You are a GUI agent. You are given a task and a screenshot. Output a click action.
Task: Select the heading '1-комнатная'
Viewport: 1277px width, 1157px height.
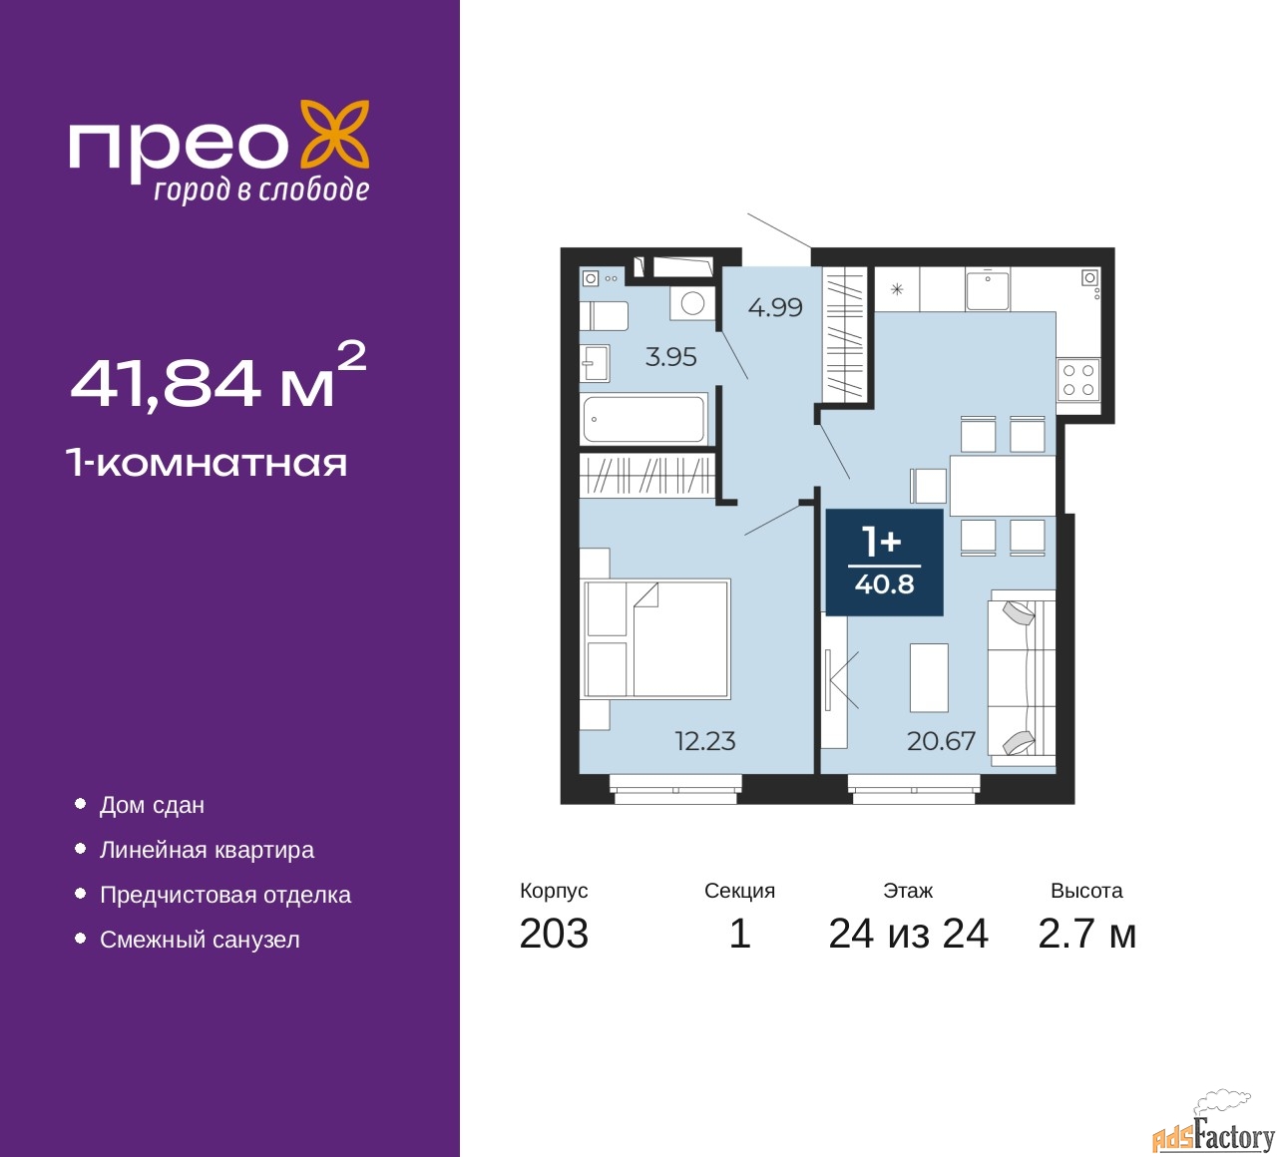click(x=207, y=464)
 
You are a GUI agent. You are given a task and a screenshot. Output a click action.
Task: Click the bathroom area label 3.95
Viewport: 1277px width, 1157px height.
click(x=671, y=357)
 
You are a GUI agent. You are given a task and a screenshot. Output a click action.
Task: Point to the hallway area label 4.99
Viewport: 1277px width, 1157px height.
click(x=775, y=308)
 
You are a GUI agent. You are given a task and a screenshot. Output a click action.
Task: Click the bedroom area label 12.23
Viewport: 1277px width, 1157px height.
click(x=704, y=741)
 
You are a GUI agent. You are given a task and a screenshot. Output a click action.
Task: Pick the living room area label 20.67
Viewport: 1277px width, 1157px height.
click(x=941, y=741)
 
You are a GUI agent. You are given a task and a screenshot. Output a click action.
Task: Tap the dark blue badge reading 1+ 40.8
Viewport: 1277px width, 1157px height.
click(x=884, y=563)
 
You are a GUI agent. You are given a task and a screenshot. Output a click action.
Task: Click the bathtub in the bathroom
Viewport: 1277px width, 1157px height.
click(x=643, y=418)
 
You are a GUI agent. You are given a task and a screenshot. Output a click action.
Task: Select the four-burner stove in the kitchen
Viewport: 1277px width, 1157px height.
click(x=1078, y=380)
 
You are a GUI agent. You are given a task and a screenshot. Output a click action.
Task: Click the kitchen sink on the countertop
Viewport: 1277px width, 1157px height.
click(x=988, y=289)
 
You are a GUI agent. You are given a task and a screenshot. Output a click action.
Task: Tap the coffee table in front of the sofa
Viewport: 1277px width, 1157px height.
click(x=929, y=677)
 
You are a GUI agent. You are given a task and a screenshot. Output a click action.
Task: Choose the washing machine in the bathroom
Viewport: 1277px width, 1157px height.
click(x=692, y=303)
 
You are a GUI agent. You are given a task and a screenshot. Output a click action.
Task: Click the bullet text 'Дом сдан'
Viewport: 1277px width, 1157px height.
click(x=153, y=806)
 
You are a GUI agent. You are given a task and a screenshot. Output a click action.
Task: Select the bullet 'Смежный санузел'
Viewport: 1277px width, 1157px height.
click(x=200, y=940)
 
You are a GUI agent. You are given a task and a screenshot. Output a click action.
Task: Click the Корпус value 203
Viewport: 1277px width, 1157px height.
click(x=554, y=934)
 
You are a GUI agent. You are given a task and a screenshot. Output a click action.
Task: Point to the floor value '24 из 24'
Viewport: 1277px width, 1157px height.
click(x=909, y=934)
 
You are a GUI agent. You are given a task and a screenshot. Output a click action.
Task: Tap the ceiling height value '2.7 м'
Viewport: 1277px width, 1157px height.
click(x=1086, y=934)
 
